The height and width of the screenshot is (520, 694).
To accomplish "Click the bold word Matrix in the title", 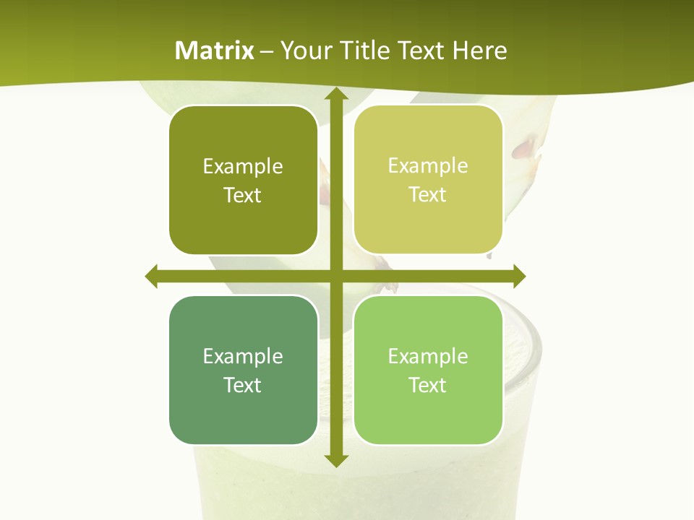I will [x=215, y=51].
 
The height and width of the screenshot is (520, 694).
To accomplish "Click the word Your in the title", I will [x=303, y=51].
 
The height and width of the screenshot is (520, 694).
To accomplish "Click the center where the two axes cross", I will [x=335, y=276].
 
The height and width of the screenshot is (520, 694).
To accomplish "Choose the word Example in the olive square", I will [x=243, y=167].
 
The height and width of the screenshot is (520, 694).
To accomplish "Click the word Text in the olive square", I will [x=243, y=196].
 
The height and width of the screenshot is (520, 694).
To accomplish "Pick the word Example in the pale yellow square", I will [x=428, y=165].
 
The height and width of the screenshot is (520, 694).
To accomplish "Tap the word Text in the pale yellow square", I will [x=428, y=194].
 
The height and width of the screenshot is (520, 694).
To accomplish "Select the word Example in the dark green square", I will [x=243, y=356].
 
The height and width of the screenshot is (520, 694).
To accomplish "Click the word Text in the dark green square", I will [x=243, y=385].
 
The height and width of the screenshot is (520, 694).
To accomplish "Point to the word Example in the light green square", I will [x=428, y=356].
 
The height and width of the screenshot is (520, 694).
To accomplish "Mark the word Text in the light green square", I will [x=428, y=385].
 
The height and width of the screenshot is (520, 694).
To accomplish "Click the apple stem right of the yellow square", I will [x=526, y=149].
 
